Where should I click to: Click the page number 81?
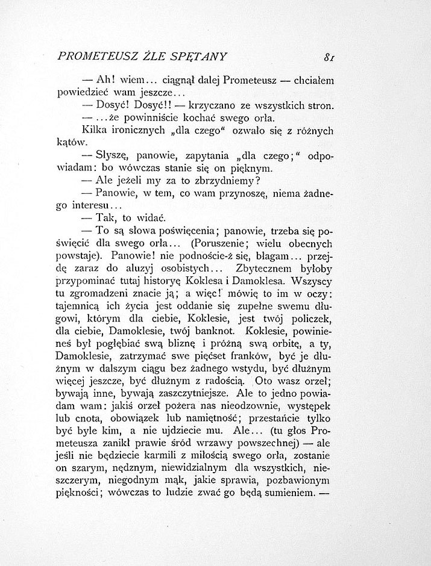pyautogui.click(x=329, y=58)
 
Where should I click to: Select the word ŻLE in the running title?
pyautogui.click(x=150, y=57)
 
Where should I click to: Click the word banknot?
pyautogui.click(x=210, y=331)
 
